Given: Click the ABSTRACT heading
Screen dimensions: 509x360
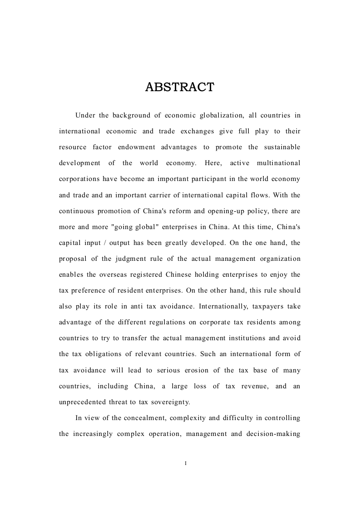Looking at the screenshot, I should click(180, 87).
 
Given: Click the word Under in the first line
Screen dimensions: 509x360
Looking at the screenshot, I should click(85, 115).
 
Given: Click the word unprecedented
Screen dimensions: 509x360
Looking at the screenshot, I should click(85, 402).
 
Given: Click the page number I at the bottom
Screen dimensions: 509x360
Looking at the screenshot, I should click(186, 463).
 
